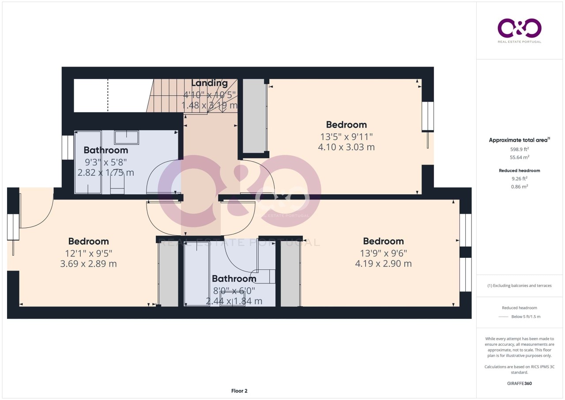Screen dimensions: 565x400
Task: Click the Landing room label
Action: coord(209,83)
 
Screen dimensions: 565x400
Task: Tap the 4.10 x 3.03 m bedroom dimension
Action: coord(347,147)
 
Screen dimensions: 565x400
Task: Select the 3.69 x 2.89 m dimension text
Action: coord(88,264)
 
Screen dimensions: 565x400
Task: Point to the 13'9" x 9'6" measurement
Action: coord(384,253)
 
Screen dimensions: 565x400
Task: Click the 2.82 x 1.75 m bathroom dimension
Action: coord(105,173)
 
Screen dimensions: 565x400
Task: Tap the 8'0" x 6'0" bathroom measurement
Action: coord(234,291)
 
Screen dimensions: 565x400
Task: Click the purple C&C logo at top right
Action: coord(520,28)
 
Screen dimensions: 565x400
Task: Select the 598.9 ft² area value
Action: coord(520,149)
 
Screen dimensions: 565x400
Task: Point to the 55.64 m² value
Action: coord(520,157)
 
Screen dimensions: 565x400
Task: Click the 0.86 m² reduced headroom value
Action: coord(520,187)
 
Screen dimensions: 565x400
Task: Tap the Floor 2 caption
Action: coord(239,391)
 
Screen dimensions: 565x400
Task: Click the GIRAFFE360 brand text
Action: coord(520,384)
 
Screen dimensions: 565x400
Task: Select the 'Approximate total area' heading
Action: coord(518,140)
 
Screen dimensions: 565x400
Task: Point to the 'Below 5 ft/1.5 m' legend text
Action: coord(526,317)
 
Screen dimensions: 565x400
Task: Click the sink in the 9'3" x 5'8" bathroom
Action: coord(126,137)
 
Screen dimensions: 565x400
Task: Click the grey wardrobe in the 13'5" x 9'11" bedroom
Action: coord(254,116)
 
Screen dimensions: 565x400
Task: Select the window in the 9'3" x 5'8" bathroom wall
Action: coord(68,148)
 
